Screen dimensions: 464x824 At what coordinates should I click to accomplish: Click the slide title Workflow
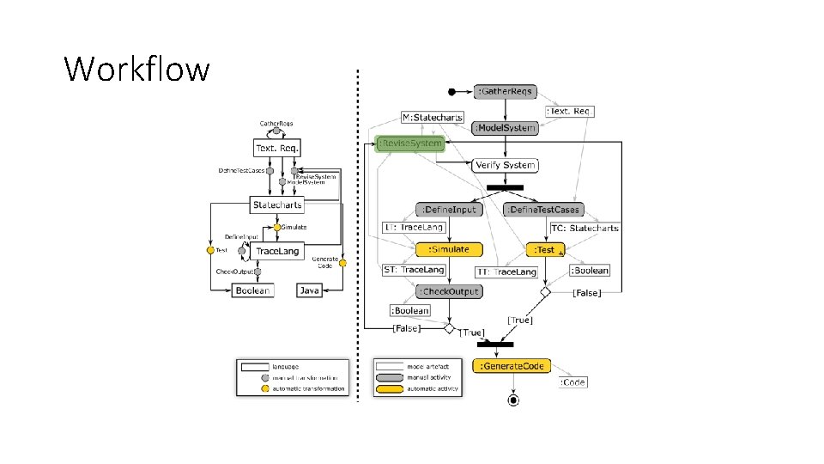pos(136,68)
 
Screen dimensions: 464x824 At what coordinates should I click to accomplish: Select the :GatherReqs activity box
pos(505,91)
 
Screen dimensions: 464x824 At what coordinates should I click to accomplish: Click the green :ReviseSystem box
pos(411,144)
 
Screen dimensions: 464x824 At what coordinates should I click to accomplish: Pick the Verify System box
pos(505,164)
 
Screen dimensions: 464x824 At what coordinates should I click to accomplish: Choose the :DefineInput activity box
pos(450,209)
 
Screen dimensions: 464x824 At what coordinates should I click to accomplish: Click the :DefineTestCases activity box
pos(544,209)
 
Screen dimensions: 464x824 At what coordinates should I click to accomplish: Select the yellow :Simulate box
pos(449,249)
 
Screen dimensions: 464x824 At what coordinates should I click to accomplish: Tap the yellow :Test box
pos(545,249)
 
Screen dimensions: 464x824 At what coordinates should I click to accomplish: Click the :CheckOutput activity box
pos(449,291)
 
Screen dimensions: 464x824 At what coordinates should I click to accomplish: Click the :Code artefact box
pos(573,382)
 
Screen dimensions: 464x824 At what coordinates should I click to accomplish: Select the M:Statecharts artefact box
pos(433,117)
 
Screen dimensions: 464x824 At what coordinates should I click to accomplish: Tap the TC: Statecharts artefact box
pos(584,229)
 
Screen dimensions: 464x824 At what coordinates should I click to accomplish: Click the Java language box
pos(310,290)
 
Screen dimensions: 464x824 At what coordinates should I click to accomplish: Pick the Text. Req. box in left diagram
pos(276,149)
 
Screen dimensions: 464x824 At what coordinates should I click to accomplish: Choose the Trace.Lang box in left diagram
pos(277,251)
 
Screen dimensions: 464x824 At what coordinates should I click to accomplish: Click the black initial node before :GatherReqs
pos(452,91)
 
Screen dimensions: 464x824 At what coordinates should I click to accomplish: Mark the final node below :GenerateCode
pos(513,400)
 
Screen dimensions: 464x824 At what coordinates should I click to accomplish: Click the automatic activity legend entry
pos(417,388)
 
